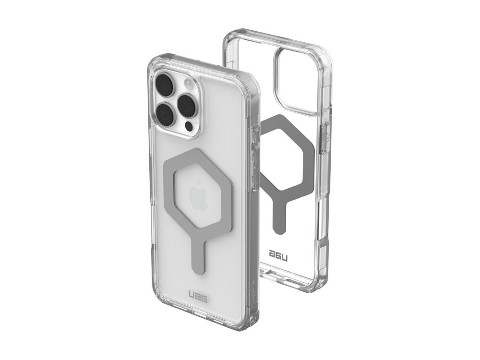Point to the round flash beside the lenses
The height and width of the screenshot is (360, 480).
(188, 83)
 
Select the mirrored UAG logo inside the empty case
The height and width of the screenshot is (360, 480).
(278, 253)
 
